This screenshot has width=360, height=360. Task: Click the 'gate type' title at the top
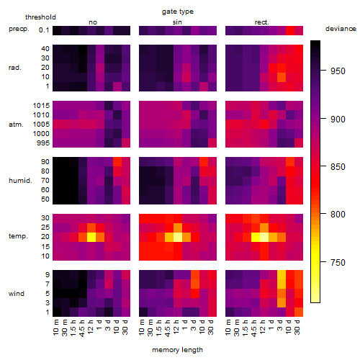coord(178,12)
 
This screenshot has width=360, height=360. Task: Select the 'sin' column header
coord(177,22)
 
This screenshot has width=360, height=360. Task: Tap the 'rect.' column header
coord(261,22)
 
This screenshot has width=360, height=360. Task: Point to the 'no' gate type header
coord(93,22)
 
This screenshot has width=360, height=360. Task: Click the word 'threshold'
coord(40,17)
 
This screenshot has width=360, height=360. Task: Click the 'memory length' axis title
coord(177,350)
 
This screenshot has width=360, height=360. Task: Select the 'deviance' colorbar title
coord(341,29)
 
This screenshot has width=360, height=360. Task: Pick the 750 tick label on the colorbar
coord(338,262)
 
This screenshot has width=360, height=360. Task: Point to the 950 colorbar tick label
coord(338,71)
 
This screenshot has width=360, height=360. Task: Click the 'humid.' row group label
coord(20,181)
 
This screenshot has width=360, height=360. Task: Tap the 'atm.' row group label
coord(16,125)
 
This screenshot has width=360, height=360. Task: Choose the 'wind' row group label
coord(17,294)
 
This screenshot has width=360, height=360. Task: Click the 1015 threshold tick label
coord(41,106)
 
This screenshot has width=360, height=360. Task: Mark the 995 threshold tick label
coord(43,143)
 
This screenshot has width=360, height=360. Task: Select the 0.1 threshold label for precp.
coord(44,30)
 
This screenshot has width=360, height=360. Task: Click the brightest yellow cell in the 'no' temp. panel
coord(91,238)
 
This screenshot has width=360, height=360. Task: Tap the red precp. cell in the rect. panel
coord(290,30)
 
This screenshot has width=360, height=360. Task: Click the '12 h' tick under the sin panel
coord(176,327)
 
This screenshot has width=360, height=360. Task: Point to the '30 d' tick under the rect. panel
coord(297,327)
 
